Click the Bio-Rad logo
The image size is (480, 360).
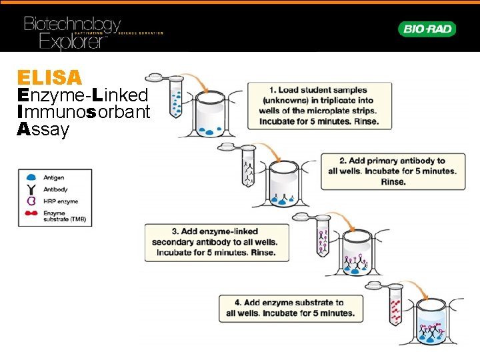pos(427,29)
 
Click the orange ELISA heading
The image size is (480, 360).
pos(49,77)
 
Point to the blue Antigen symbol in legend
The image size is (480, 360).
pos(31,178)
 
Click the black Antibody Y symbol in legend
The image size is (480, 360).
pos(31,189)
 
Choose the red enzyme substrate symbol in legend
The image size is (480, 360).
pos(31,215)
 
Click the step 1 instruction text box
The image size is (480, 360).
pos(319,105)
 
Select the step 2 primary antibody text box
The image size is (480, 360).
pos(392,171)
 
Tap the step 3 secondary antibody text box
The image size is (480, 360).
pos(217,242)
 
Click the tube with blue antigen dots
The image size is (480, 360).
pos(176,97)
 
